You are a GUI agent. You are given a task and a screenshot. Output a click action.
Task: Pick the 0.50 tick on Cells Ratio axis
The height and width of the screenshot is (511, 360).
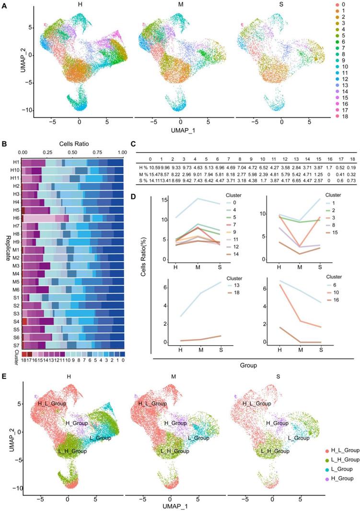click(72, 152)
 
